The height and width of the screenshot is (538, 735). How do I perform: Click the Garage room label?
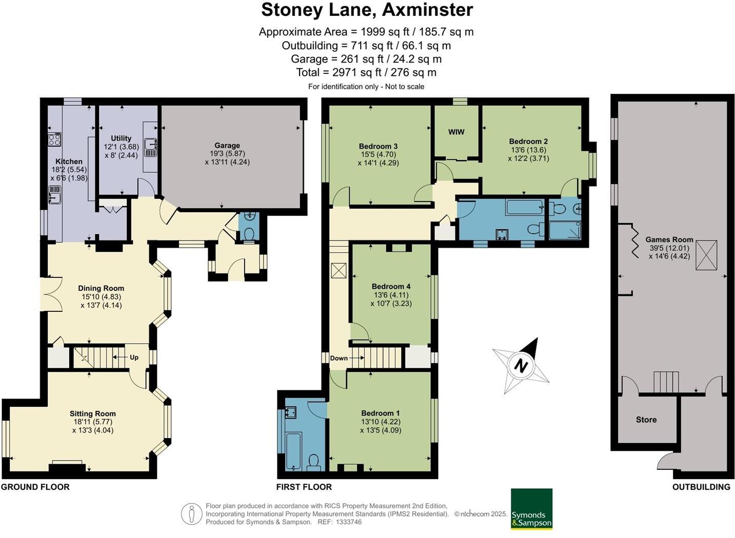[x=227, y=145]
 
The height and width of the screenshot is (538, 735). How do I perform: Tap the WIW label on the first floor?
[x=456, y=132]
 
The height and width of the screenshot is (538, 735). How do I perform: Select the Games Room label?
[x=669, y=240]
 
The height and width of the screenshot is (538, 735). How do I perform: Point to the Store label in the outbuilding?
[x=646, y=420]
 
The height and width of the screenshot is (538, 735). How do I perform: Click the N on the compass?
[x=521, y=365]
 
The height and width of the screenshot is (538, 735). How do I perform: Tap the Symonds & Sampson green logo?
[x=531, y=509]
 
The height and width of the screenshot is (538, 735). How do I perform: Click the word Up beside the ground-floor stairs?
[x=134, y=357]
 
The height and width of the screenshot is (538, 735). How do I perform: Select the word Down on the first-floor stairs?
[x=339, y=358]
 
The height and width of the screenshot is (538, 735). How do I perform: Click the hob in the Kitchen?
[x=54, y=140]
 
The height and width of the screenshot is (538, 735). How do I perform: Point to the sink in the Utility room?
[x=151, y=144]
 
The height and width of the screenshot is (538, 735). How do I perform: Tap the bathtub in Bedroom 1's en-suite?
[x=293, y=451]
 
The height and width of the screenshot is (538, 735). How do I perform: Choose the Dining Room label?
[x=101, y=288]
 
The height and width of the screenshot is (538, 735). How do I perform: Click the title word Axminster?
[x=428, y=10]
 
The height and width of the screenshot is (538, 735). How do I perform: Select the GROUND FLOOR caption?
[x=35, y=487]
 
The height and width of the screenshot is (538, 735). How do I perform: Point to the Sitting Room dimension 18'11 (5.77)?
[x=93, y=422]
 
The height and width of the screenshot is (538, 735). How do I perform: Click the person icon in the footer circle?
[x=192, y=514]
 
